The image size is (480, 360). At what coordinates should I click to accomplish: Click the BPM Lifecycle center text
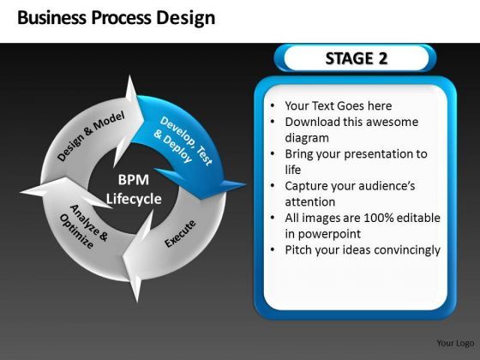(134, 189)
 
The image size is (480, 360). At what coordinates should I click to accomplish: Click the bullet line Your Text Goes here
(338, 106)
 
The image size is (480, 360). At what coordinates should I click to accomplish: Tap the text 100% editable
(401, 218)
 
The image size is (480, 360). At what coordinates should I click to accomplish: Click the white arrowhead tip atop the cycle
(131, 79)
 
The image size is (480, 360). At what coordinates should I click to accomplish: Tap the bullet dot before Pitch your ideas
(272, 250)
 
